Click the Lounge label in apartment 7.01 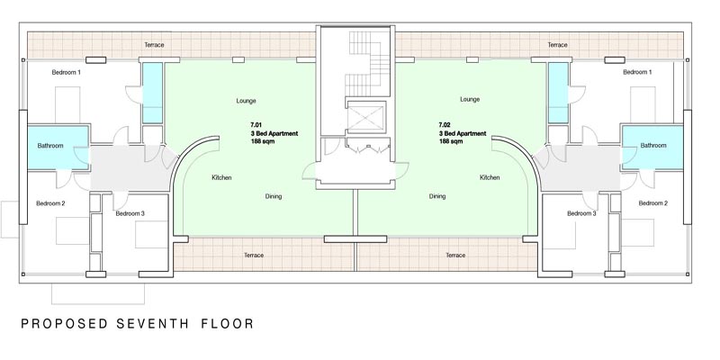click(246, 101)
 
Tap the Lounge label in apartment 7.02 click(470, 99)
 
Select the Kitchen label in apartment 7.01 click(221, 177)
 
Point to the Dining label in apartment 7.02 click(437, 196)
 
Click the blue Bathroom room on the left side click(58, 148)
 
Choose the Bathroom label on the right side click(653, 145)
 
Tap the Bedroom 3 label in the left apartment click(130, 213)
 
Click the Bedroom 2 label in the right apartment click(653, 203)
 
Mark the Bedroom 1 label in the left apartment click(66, 72)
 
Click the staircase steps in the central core click(366, 63)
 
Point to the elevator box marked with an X click(366, 119)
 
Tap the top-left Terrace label click(154, 45)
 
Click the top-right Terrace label click(557, 45)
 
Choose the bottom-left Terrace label click(254, 256)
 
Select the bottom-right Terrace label click(455, 256)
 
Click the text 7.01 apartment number click(256, 125)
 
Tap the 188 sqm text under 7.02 click(451, 141)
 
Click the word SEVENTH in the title click(152, 324)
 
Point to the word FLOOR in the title click(228, 324)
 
